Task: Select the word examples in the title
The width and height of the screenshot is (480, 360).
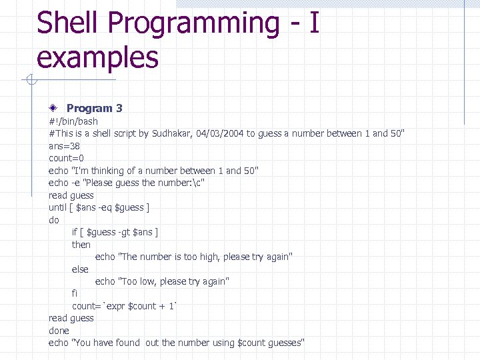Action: point(98,57)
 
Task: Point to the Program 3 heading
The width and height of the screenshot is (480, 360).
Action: point(94,108)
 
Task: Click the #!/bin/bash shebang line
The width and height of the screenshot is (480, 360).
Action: point(73,121)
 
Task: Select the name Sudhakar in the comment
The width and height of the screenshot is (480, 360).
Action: point(173,133)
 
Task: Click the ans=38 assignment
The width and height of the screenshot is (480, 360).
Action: point(65,146)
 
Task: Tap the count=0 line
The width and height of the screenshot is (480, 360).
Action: point(66,158)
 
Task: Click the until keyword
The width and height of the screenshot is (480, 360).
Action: point(58,207)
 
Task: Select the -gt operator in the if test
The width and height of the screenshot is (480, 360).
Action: point(123,232)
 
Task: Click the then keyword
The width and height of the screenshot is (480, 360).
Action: point(81,245)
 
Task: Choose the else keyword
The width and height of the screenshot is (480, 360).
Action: point(80,269)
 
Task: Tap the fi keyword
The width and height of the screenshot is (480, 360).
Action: point(75,293)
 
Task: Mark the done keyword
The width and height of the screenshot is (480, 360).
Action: point(59,331)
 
